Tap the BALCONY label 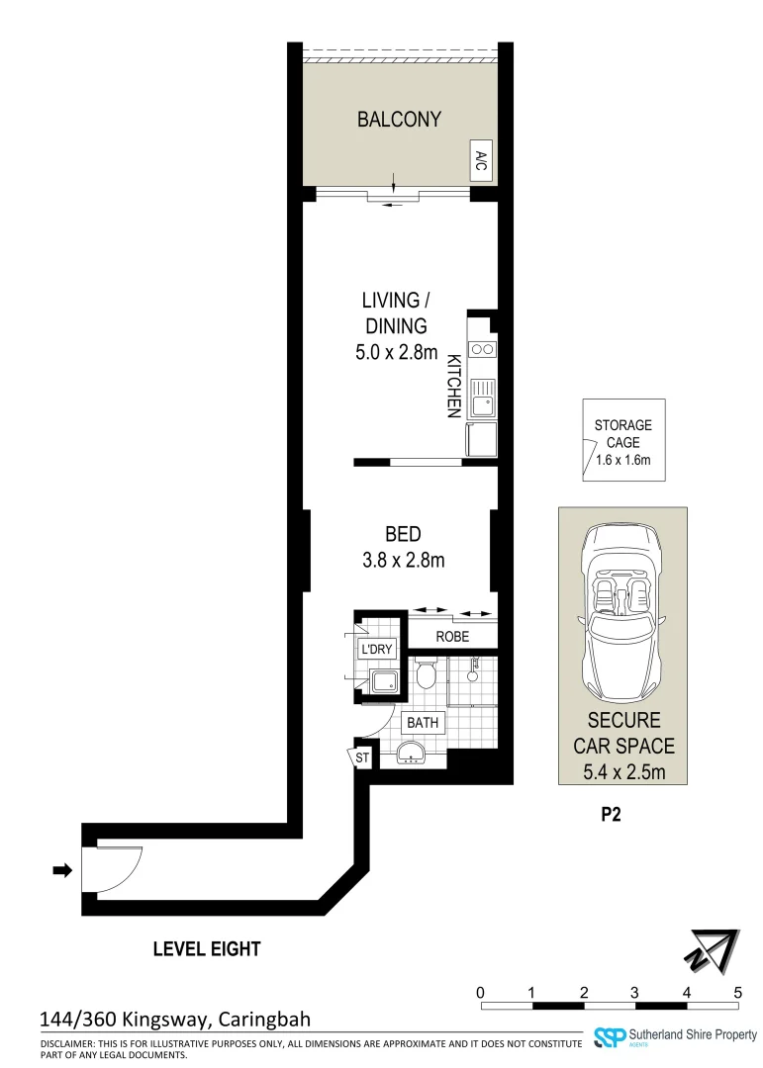point(399,120)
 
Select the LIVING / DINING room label point(394,324)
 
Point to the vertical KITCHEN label point(453,387)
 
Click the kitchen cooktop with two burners point(482,349)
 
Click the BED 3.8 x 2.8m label point(402,547)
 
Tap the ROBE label point(452,637)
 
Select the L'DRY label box point(377,650)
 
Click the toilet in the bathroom point(427,676)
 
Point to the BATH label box point(423,723)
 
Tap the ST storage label point(362,757)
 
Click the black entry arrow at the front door point(62,870)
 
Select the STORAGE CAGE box point(623,440)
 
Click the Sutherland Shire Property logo point(672,1036)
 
